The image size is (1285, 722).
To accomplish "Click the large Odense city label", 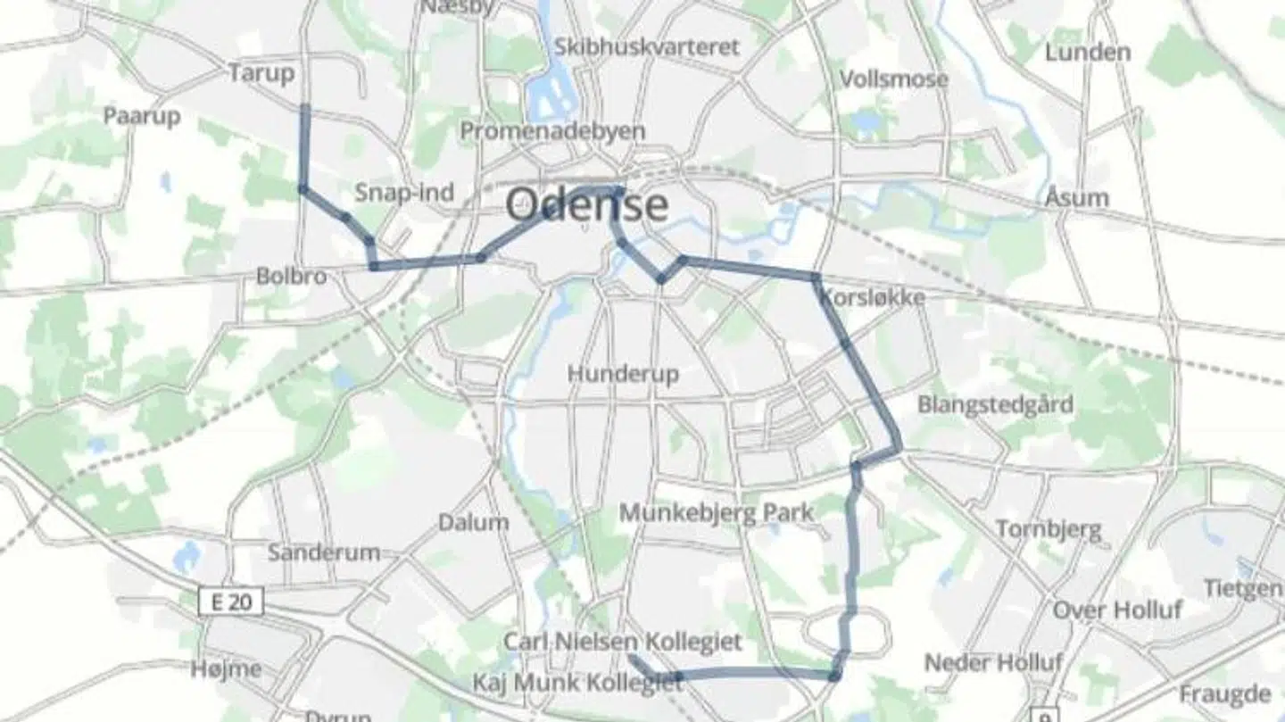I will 586,204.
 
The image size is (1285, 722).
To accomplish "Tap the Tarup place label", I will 261,73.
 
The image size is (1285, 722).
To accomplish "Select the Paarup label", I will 142,116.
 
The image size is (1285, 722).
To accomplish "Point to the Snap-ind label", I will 404,192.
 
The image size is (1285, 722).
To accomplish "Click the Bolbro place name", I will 291,276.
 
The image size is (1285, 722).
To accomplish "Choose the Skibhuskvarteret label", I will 647,46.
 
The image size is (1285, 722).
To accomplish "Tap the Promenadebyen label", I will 552,131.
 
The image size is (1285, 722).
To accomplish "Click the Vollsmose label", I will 893,79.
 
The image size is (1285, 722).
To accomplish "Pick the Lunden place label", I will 1087,52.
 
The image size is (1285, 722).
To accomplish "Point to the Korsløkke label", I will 872,297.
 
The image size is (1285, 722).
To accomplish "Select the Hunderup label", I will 623,373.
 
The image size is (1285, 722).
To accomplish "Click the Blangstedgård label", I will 995,404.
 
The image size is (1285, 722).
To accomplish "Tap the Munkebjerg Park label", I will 717,513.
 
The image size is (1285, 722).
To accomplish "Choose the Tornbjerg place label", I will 1049,529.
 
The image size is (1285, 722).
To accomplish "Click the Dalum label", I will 473,522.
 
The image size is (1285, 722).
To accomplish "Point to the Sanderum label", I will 324,552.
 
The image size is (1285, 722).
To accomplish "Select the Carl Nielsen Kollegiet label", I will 623,641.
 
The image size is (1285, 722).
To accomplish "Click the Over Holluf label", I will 1117,610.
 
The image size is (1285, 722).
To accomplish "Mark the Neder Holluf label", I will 993,663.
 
